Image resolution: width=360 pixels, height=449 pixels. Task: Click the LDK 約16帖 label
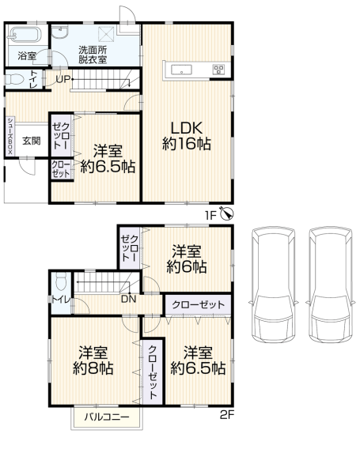click(x=187, y=136)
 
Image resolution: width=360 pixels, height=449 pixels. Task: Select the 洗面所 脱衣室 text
click(x=93, y=55)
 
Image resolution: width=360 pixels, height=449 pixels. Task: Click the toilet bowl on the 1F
click(x=14, y=79)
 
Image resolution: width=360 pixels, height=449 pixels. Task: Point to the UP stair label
click(x=63, y=79)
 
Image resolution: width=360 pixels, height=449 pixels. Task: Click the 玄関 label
click(x=32, y=141)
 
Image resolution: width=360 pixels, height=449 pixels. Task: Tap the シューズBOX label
click(x=9, y=136)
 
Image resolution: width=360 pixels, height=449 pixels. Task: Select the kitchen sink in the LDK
click(x=181, y=70)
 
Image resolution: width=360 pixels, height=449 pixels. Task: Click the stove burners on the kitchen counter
click(x=218, y=70)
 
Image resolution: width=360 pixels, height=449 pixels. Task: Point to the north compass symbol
click(x=228, y=213)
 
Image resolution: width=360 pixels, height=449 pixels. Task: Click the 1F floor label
click(x=210, y=215)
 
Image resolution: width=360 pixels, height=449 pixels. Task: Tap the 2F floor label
click(x=227, y=415)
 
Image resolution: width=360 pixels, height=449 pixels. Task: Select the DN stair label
click(x=128, y=300)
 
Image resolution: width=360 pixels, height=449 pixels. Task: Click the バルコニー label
click(x=107, y=417)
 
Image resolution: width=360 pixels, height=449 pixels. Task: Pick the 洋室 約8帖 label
click(x=93, y=360)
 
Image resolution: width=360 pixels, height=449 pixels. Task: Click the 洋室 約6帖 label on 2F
click(x=187, y=258)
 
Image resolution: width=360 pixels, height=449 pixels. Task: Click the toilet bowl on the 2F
click(x=61, y=281)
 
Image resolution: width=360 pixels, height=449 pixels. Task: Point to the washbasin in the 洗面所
click(x=60, y=32)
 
